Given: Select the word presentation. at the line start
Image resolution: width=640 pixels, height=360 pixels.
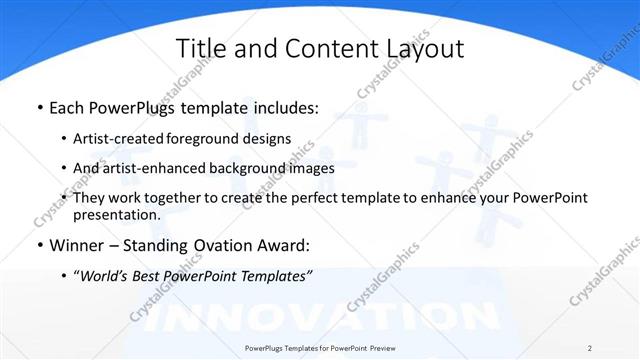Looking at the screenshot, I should pos(117,214).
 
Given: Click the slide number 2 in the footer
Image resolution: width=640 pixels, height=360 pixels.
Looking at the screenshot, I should pos(589,347).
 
